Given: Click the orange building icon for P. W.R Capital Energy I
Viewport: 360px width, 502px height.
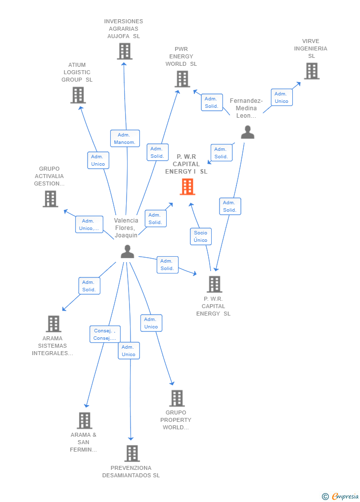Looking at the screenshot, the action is tap(187, 186).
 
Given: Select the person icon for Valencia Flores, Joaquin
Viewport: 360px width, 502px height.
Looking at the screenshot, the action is tap(127, 252).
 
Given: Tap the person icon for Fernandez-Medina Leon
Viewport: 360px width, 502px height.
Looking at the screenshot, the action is tap(247, 132).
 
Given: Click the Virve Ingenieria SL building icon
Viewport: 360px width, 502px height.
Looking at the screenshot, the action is tap(312, 71).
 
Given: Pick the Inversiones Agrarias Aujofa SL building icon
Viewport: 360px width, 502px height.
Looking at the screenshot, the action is tap(125, 51).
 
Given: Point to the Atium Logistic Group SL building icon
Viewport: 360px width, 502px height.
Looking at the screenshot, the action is tap(78, 95).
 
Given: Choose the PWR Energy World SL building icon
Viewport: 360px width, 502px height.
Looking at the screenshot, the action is tap(182, 79).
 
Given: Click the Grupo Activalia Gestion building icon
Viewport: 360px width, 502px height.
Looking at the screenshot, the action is tap(50, 199).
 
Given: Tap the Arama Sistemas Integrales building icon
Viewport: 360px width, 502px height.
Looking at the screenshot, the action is tap(53, 324).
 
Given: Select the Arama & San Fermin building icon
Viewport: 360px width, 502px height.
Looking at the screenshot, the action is tap(85, 420).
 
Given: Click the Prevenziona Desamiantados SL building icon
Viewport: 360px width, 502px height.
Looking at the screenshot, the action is tap(132, 453).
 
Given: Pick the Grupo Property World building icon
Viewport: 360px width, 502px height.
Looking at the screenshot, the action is tap(177, 398).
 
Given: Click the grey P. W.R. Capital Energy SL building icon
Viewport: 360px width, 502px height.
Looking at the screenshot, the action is tap(214, 284).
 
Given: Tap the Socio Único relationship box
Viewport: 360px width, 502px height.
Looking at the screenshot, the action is tap(201, 236).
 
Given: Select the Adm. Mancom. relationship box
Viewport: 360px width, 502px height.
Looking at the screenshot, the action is tap(125, 138).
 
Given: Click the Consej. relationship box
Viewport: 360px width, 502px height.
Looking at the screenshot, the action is tap(105, 334).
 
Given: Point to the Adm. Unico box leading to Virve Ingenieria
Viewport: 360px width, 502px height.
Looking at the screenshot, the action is tap(281, 97).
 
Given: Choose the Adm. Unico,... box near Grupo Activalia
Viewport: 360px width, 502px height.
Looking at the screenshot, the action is tap(90, 225).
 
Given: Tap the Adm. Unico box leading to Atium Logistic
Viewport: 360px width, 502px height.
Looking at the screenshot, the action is tap(98, 160).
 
